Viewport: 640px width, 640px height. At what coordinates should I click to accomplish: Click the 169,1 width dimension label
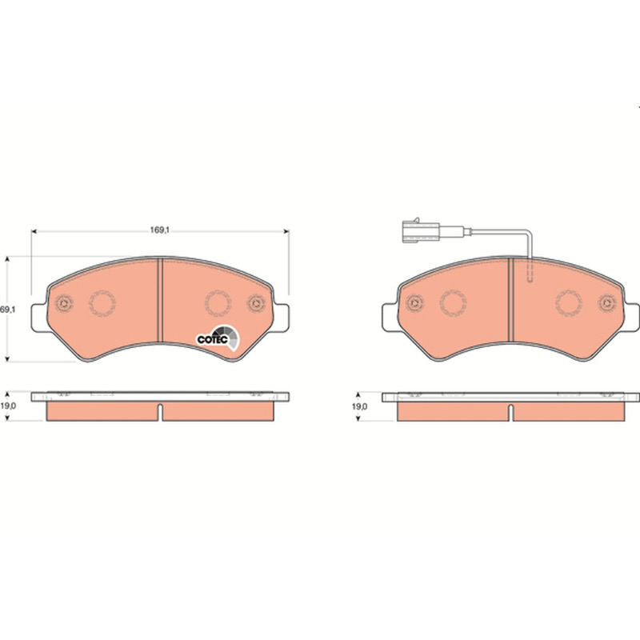(159, 230)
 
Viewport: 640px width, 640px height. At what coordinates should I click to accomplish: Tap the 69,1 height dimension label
(7, 310)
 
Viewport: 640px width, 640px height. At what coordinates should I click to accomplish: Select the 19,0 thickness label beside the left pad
(8, 406)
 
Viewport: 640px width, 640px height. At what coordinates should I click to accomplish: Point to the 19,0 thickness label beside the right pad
(359, 406)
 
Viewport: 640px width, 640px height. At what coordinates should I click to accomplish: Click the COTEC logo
(218, 338)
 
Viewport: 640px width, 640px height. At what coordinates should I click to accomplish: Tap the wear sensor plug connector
(421, 231)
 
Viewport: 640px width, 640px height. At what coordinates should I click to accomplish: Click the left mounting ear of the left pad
(39, 318)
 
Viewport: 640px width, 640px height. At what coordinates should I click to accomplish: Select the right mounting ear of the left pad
(282, 318)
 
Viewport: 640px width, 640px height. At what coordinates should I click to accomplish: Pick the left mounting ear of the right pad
(390, 317)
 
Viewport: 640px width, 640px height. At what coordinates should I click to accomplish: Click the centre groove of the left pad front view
(160, 300)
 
